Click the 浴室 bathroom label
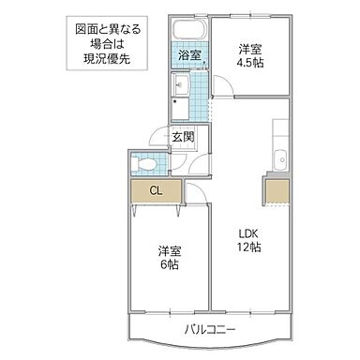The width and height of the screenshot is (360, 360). [x=188, y=55]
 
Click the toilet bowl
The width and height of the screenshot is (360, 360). [x=144, y=165]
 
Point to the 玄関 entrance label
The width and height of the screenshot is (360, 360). [x=183, y=137]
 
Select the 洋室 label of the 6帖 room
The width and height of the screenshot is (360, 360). [x=170, y=250]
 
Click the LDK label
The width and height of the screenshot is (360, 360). [x=247, y=233]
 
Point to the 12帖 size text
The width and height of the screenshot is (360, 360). [x=247, y=247]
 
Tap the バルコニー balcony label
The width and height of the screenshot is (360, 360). [x=210, y=330]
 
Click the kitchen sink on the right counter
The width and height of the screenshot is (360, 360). [x=279, y=157]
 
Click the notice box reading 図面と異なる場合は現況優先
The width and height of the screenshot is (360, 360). [x=105, y=43]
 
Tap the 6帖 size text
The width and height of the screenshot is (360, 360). [x=170, y=264]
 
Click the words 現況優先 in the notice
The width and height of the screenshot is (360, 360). [x=105, y=57]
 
